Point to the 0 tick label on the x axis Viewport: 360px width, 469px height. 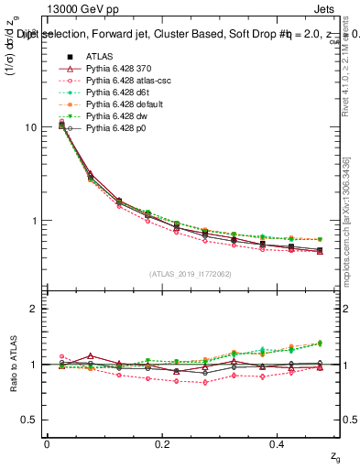(47, 444)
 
